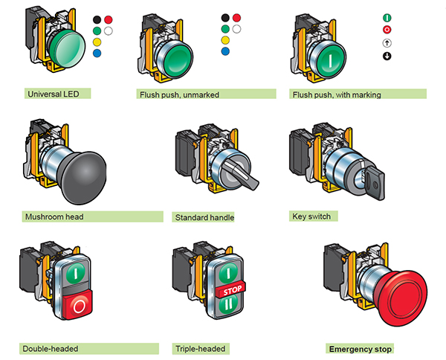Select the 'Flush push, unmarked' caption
click(178, 95)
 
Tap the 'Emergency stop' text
click(361, 348)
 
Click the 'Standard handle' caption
click(204, 218)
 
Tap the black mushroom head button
click(85, 174)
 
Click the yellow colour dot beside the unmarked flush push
click(224, 40)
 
